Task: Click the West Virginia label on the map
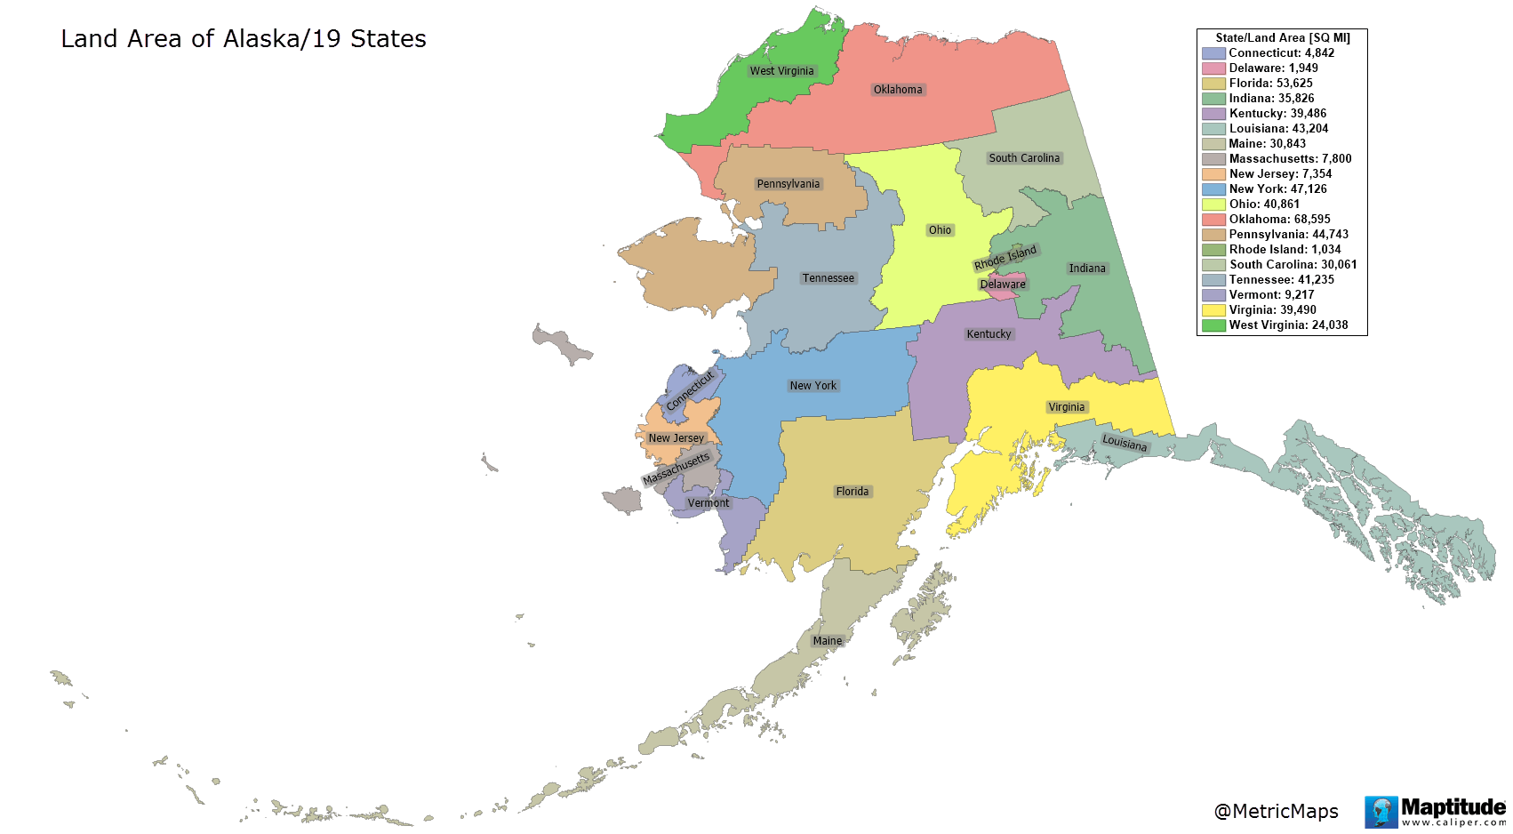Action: tap(781, 71)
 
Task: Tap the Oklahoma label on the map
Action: tap(898, 90)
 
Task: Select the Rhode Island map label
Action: tap(1005, 258)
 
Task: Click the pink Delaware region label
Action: tap(1003, 285)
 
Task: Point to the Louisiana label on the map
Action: tap(1125, 443)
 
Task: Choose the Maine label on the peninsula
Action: tap(827, 641)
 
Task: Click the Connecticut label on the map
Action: tap(690, 390)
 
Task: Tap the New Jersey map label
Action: tap(676, 438)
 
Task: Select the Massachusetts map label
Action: tap(676, 469)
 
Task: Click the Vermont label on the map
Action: tap(708, 503)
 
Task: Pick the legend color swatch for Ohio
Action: tap(1213, 204)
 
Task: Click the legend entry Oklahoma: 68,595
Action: tap(1279, 220)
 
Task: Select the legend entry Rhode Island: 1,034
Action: tap(1285, 250)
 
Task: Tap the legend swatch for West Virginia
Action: tap(1213, 325)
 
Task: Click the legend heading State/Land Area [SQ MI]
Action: tap(1282, 38)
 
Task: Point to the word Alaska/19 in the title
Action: tap(264, 39)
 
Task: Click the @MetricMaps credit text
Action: tap(1276, 811)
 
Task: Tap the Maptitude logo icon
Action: tap(1381, 812)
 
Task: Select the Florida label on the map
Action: tap(852, 492)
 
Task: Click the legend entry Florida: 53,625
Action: tap(1270, 84)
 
